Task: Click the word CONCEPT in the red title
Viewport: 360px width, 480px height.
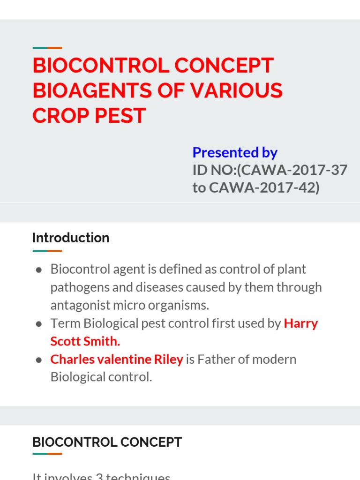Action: [224, 66]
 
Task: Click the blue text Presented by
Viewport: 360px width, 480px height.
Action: [235, 152]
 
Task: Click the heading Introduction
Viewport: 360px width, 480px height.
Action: [71, 238]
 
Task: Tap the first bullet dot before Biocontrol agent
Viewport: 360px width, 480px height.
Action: [39, 270]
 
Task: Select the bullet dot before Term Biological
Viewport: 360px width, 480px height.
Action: [39, 324]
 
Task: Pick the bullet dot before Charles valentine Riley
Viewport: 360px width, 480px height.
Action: [39, 360]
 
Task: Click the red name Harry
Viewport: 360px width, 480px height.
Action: [301, 323]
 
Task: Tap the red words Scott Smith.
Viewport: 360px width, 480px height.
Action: [85, 341]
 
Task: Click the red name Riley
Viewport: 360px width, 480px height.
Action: [169, 360]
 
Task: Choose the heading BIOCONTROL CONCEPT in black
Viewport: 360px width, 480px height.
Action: [107, 442]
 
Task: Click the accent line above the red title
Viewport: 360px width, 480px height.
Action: [47, 48]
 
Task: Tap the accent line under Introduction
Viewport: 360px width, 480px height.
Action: [47, 251]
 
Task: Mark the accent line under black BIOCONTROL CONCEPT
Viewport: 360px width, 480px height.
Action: [47, 454]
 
